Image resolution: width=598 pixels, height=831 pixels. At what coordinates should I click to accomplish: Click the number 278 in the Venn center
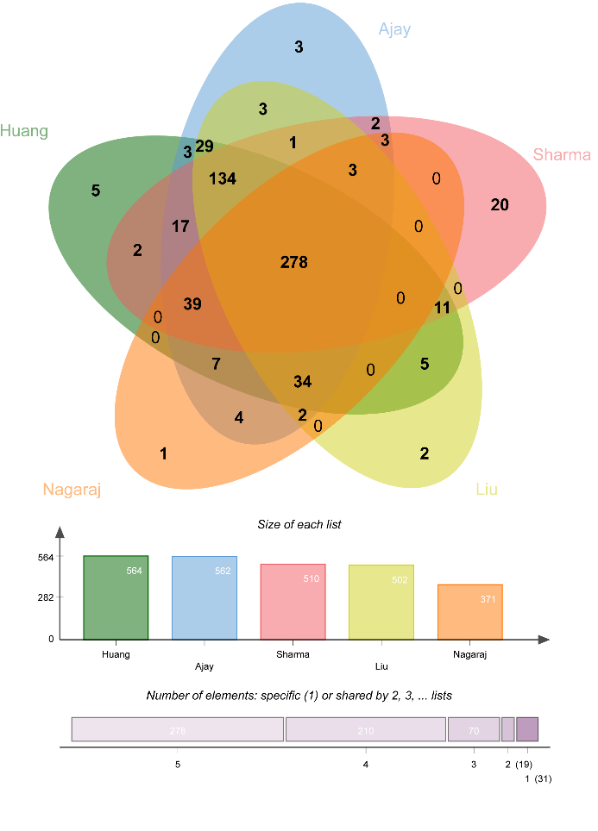[x=293, y=262]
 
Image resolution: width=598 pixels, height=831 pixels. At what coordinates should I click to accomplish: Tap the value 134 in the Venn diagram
[x=223, y=179]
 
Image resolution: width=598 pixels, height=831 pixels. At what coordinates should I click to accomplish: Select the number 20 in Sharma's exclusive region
[x=500, y=204]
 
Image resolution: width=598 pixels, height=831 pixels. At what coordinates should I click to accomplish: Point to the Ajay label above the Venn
[x=394, y=29]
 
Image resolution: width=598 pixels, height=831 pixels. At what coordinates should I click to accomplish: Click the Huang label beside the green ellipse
[x=24, y=131]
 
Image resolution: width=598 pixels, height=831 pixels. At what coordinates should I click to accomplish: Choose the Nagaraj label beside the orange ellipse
[x=72, y=490]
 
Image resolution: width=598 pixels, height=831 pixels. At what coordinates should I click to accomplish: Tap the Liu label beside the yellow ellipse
[x=487, y=490]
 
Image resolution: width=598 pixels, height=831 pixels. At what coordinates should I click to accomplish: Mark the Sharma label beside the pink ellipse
[x=562, y=155]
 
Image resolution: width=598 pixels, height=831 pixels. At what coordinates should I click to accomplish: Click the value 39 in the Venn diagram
[x=192, y=304]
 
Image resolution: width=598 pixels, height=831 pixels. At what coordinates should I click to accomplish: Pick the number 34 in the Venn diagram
[x=302, y=382]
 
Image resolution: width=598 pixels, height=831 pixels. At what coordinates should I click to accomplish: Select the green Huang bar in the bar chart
[x=116, y=597]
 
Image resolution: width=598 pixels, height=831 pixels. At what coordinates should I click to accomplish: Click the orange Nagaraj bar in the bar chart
[x=469, y=612]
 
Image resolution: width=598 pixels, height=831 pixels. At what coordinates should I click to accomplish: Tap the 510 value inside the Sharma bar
[x=311, y=578]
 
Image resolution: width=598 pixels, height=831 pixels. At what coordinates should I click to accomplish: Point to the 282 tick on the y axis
[x=45, y=597]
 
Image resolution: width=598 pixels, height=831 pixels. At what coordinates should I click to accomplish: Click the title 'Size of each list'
[x=299, y=524]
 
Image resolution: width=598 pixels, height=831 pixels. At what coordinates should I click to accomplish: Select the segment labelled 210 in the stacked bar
[x=366, y=729]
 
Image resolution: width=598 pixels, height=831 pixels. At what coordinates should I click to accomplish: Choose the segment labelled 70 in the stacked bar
[x=474, y=729]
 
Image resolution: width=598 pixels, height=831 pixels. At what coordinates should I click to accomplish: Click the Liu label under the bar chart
[x=381, y=666]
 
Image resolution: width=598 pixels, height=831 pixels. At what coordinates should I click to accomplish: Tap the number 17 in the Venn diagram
[x=180, y=227]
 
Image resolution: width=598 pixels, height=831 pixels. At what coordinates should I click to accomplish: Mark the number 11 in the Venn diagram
[x=443, y=308]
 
